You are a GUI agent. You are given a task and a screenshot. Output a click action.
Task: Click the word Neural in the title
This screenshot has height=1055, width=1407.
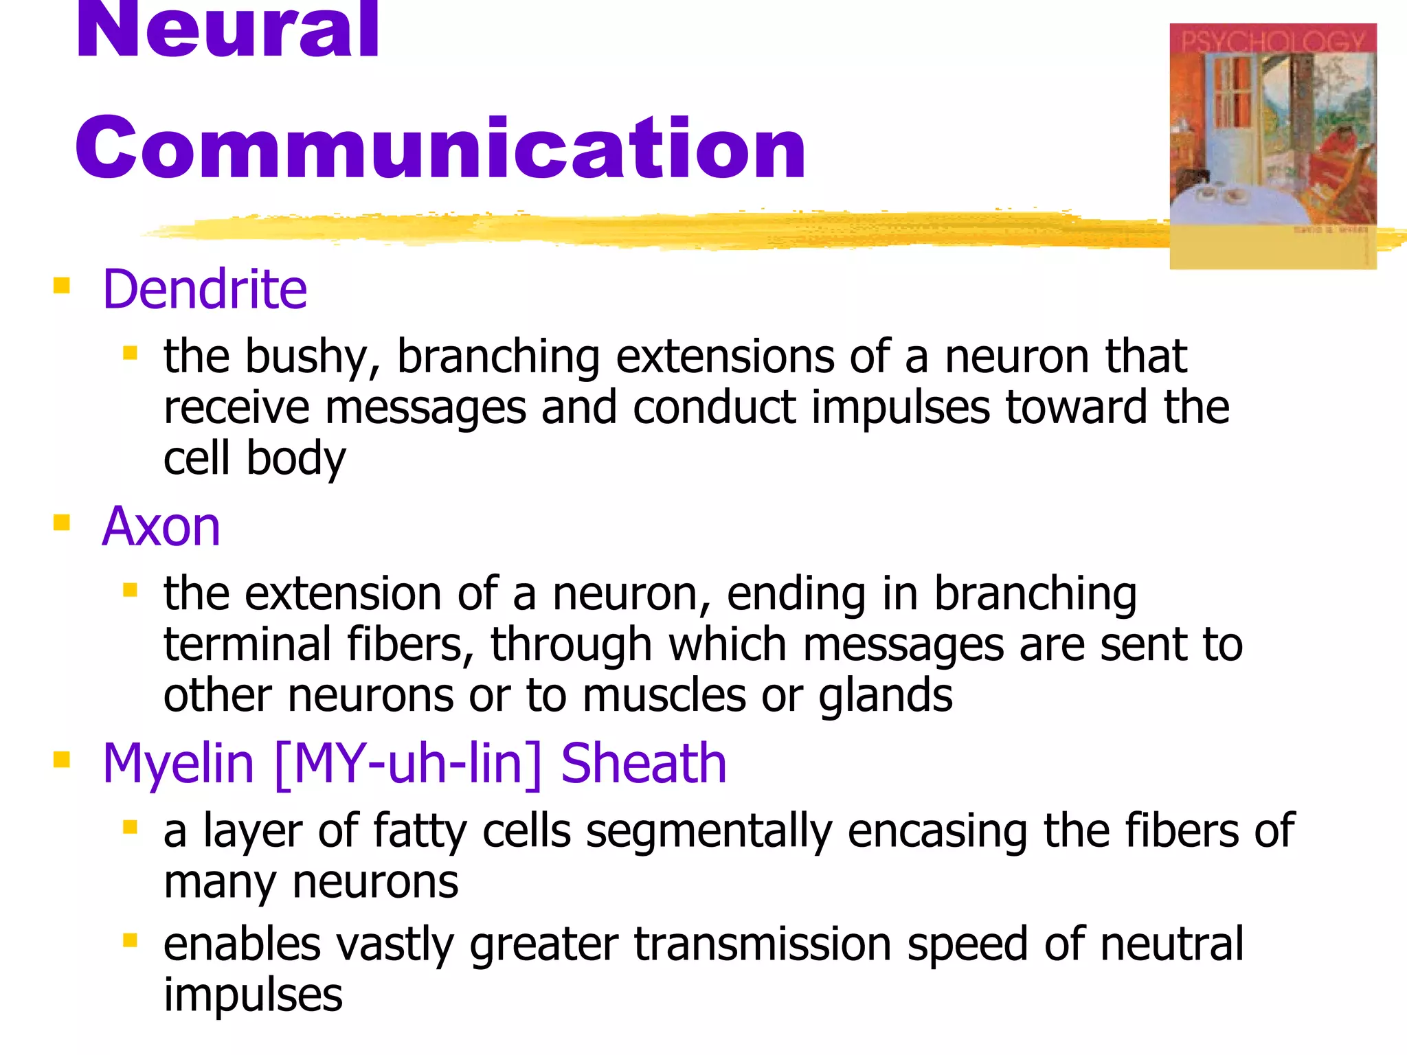pyautogui.click(x=227, y=31)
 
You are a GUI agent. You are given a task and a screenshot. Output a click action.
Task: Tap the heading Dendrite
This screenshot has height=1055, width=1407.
pyautogui.click(x=204, y=289)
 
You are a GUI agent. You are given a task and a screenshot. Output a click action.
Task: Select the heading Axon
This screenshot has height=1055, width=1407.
pyautogui.click(x=161, y=527)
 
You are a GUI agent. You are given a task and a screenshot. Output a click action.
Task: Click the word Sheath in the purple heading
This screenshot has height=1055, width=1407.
pyautogui.click(x=644, y=764)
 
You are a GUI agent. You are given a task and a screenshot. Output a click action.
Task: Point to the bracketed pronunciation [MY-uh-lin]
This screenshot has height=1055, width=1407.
pyautogui.click(x=408, y=764)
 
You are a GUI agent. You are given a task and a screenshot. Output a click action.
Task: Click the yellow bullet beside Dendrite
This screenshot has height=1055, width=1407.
pyautogui.click(x=62, y=285)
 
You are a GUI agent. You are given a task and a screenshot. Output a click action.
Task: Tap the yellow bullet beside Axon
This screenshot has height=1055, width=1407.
pyautogui.click(x=62, y=523)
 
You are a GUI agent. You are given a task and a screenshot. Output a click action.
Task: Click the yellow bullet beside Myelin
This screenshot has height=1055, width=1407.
pyautogui.click(x=62, y=760)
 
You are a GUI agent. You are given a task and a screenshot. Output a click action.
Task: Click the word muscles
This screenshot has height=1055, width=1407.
pyautogui.click(x=664, y=695)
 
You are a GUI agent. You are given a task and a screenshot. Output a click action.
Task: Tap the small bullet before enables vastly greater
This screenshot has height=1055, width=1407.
pyautogui.click(x=130, y=940)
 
